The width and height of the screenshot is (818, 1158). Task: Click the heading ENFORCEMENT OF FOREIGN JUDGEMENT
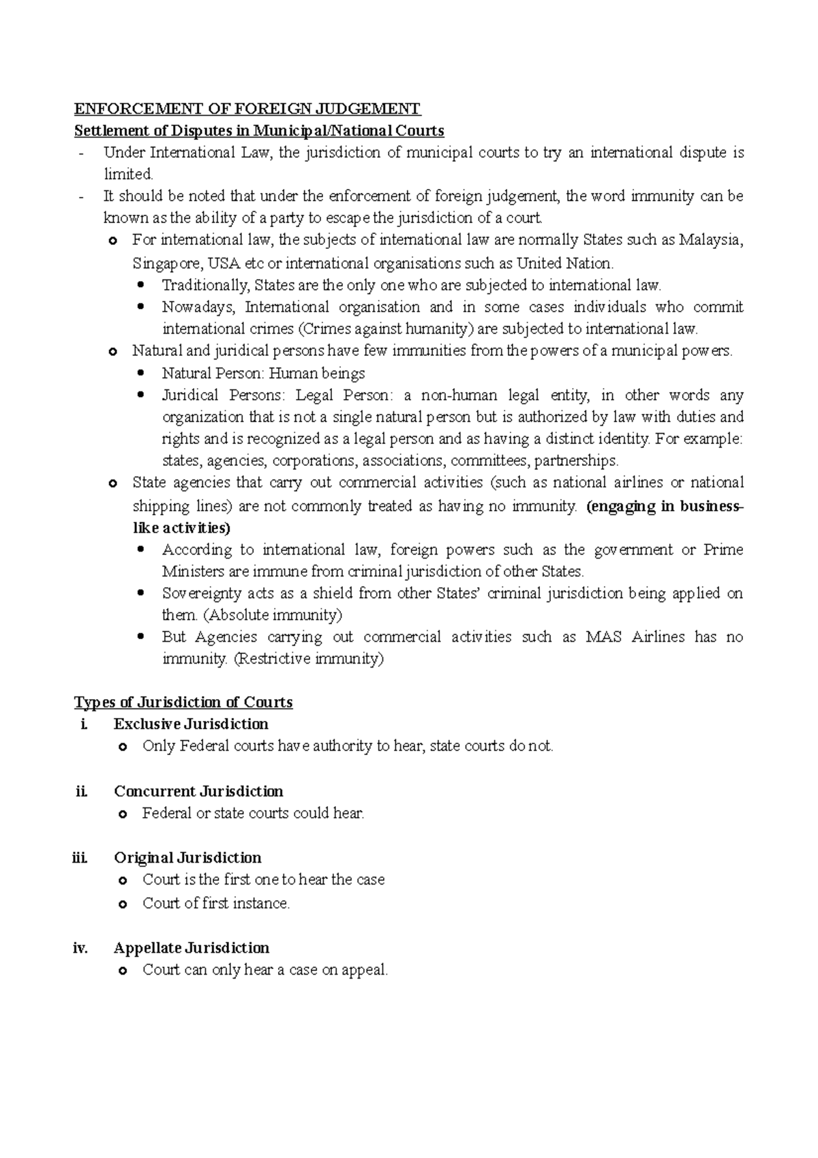[247, 108]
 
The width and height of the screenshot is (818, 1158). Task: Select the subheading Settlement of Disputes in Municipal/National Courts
[259, 130]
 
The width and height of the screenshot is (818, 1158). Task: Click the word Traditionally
[206, 285]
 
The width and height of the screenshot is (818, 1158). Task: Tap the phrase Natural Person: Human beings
[263, 373]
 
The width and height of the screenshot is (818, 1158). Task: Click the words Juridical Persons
[200, 395]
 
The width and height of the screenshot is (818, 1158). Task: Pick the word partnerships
[576, 460]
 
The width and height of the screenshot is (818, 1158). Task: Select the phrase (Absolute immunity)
[273, 615]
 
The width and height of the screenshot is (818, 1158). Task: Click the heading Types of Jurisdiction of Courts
[183, 702]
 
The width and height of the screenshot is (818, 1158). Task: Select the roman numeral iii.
[80, 858]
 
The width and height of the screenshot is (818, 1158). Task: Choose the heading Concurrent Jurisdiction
[198, 791]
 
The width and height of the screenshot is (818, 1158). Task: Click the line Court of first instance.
[216, 904]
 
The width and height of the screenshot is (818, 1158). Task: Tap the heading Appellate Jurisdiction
[192, 948]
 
